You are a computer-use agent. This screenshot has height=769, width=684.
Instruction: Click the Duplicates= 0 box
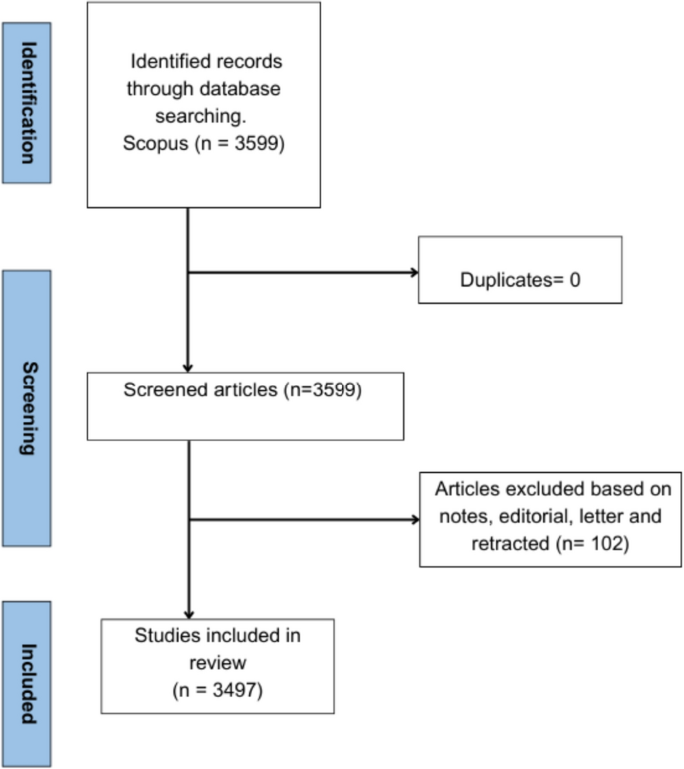(520, 270)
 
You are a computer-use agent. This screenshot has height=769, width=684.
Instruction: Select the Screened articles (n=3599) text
(243, 390)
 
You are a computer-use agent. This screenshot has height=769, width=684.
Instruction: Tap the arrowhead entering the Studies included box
(188, 612)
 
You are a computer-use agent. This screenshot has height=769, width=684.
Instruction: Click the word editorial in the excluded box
(521, 518)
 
